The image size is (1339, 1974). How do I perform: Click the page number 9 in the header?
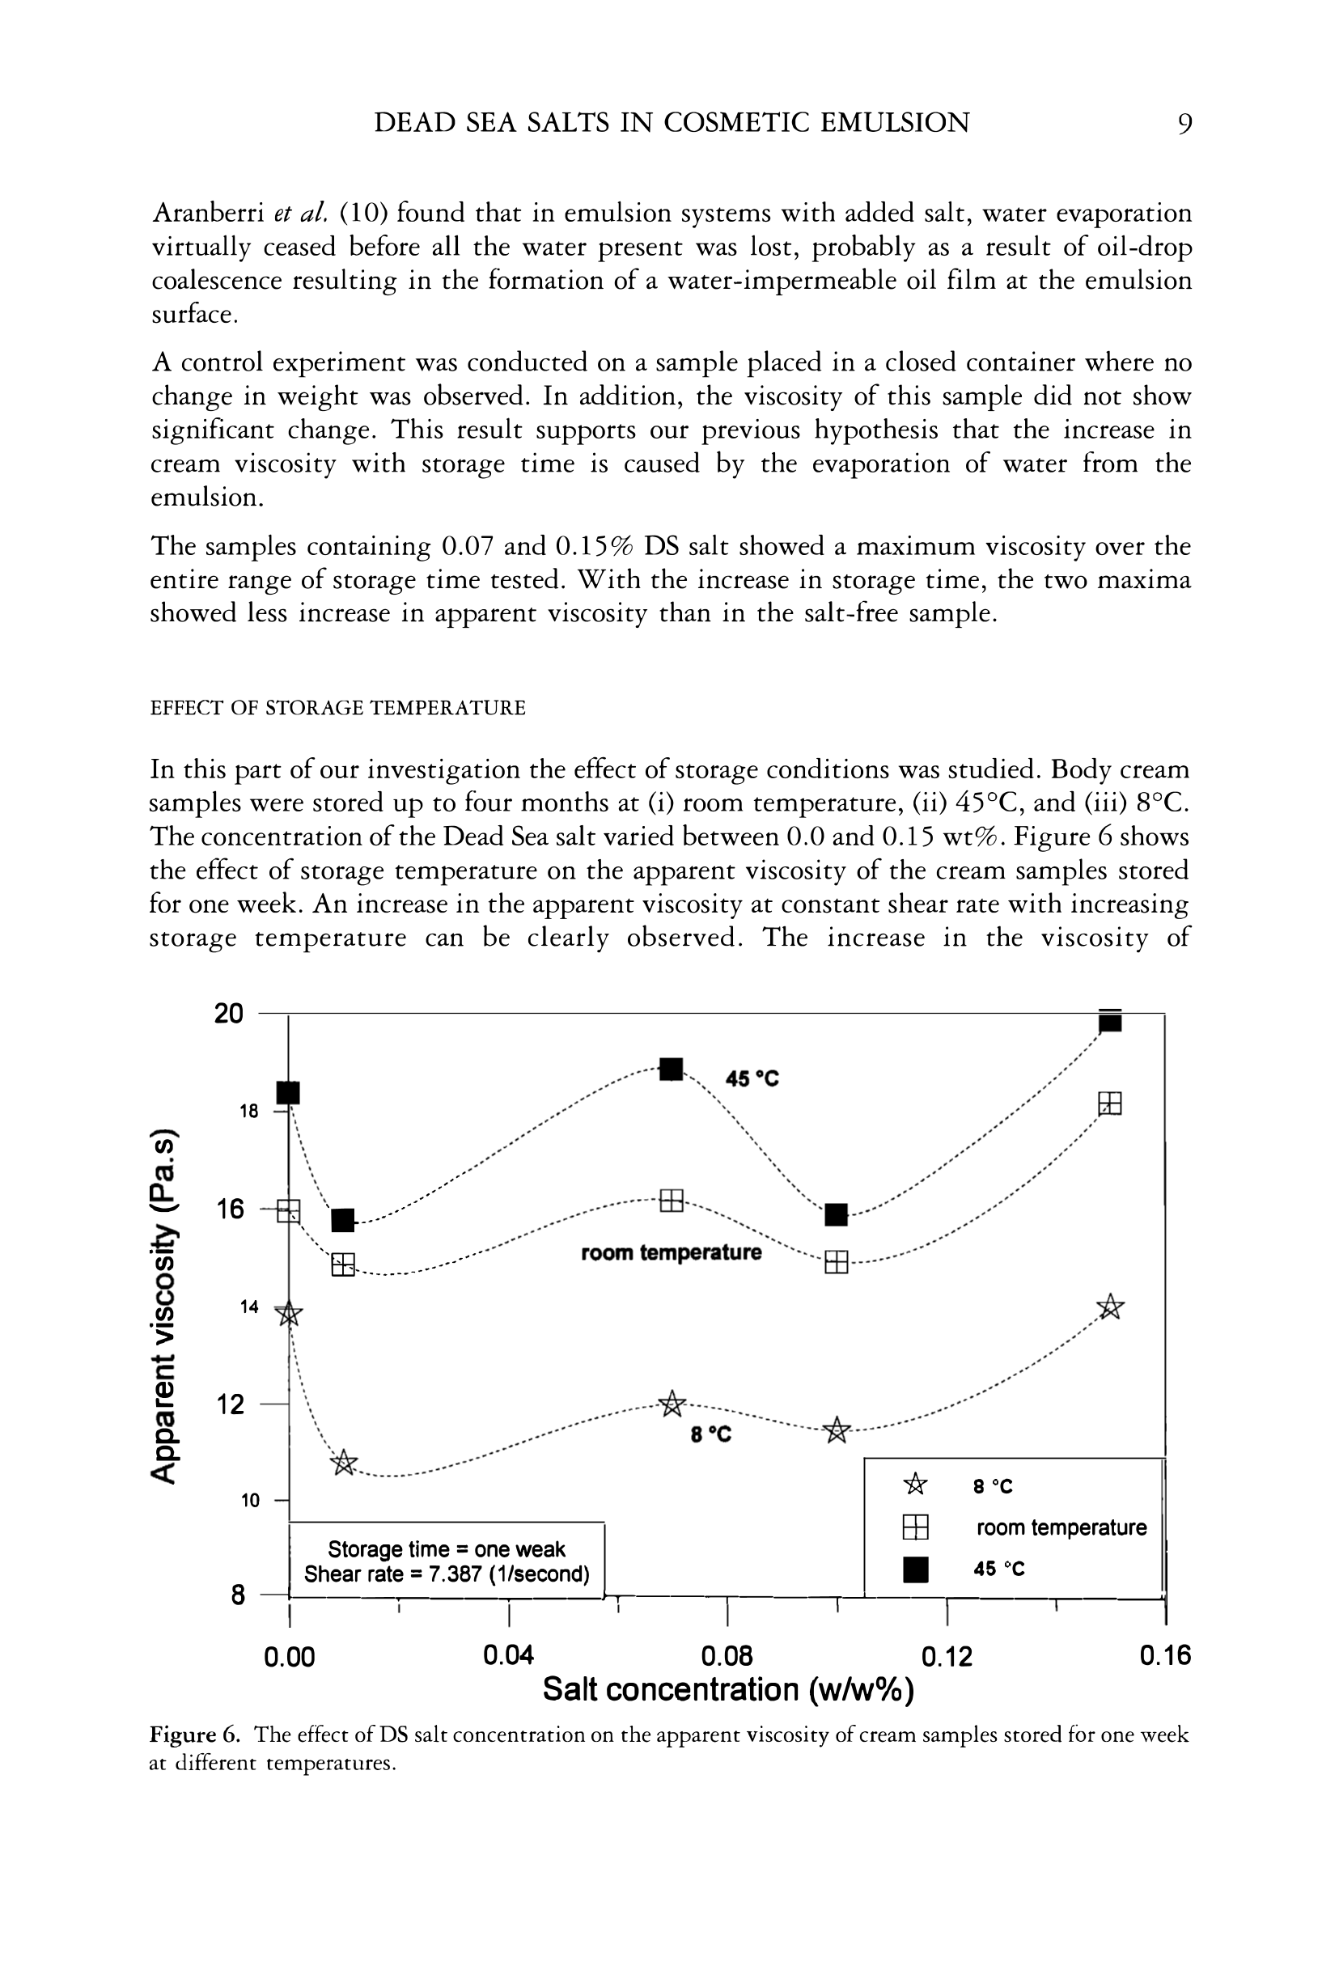click(x=1184, y=124)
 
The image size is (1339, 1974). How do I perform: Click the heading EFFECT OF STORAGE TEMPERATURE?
click(x=337, y=708)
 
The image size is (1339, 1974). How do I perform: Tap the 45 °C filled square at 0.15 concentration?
click(x=1109, y=1021)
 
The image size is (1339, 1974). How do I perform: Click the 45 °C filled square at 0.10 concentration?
click(x=836, y=1214)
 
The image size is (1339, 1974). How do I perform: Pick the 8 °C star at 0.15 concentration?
click(x=1109, y=1307)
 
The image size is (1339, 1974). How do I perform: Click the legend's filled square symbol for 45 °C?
click(x=915, y=1569)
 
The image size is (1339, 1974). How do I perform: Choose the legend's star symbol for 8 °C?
click(x=915, y=1485)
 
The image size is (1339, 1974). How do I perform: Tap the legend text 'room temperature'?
click(x=1061, y=1527)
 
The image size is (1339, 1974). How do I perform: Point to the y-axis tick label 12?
click(x=230, y=1405)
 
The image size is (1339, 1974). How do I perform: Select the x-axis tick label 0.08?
click(x=727, y=1655)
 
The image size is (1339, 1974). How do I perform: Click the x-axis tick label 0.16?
click(x=1166, y=1655)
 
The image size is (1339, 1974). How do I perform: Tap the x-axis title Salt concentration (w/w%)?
click(x=728, y=1689)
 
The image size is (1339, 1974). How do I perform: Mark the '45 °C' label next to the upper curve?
click(x=752, y=1078)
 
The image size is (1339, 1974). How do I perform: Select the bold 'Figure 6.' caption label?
click(x=197, y=1735)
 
